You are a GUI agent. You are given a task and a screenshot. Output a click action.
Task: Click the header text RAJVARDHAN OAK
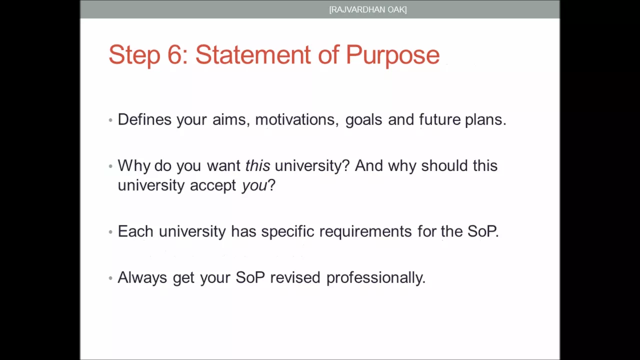[368, 9]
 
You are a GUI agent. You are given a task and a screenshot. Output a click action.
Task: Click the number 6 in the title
[174, 54]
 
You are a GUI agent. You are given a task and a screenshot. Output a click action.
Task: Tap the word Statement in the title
[253, 54]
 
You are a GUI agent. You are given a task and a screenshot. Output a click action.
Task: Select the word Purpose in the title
[392, 56]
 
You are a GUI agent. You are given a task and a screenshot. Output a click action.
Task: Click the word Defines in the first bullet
[144, 119]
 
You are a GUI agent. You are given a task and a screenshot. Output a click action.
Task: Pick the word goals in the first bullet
[363, 120]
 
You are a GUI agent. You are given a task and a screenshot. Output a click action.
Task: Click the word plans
[485, 120]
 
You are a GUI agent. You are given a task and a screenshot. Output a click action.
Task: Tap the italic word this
[257, 165]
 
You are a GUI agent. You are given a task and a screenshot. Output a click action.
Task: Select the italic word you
[254, 186]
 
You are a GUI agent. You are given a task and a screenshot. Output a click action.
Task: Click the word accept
[213, 185]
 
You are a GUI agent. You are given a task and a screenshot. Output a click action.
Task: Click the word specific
[287, 231]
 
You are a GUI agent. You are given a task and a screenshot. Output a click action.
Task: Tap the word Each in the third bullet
[135, 231]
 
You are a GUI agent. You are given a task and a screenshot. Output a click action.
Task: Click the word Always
[142, 278]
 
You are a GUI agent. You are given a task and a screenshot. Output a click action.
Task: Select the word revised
[295, 277]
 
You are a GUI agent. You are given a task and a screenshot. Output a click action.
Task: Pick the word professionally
[376, 278]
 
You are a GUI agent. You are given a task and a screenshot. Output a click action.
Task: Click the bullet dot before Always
[110, 277]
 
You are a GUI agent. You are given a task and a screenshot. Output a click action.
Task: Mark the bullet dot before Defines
[110, 120]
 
